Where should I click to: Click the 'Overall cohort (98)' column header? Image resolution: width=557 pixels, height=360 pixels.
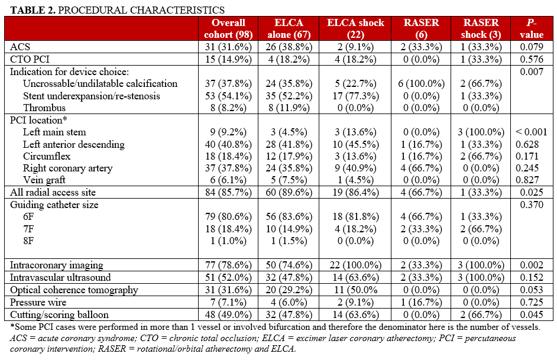(x=228, y=28)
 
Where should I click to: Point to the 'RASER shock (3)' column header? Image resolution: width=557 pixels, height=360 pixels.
(x=481, y=28)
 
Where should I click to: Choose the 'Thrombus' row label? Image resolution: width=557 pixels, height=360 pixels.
(x=44, y=108)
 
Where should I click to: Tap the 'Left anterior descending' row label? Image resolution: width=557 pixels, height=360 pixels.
(x=74, y=144)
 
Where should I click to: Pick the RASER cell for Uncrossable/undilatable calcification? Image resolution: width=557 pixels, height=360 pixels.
(x=422, y=84)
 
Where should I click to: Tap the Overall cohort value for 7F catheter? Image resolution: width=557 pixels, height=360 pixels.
(x=228, y=229)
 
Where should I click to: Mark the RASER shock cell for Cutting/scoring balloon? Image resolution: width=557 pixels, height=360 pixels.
(x=481, y=314)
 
